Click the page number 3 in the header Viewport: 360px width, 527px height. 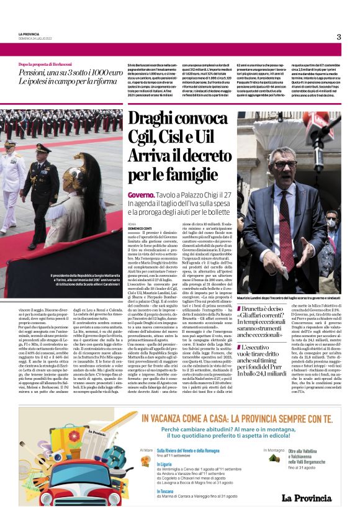coord(339,37)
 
